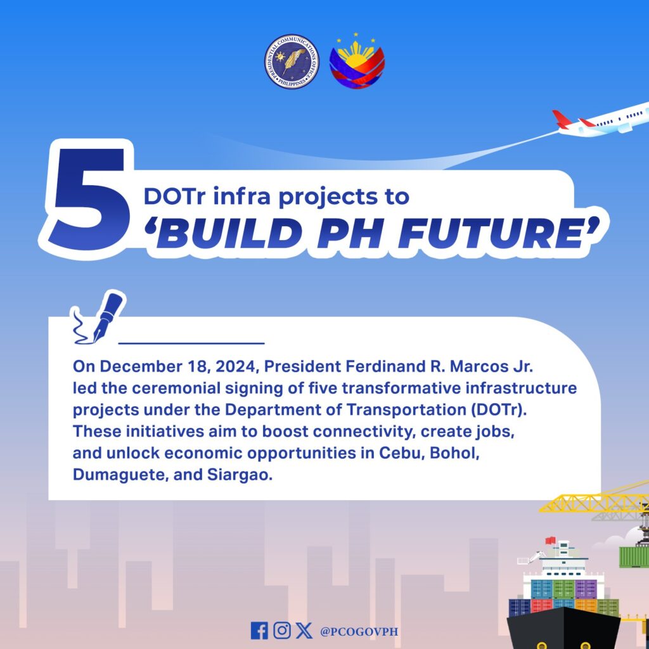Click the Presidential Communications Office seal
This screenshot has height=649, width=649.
[x=292, y=61]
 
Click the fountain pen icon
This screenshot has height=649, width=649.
[x=100, y=318]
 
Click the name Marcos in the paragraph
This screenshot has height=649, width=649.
[x=479, y=366]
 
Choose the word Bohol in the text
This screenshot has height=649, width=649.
[x=454, y=453]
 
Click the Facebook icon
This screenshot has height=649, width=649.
[x=259, y=631]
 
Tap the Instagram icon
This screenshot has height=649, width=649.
[x=282, y=631]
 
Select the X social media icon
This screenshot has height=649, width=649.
[x=304, y=631]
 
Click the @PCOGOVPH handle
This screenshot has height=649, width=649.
[x=359, y=632]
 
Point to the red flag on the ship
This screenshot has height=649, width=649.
[x=551, y=541]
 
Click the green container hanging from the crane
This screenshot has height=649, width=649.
[x=634, y=557]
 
